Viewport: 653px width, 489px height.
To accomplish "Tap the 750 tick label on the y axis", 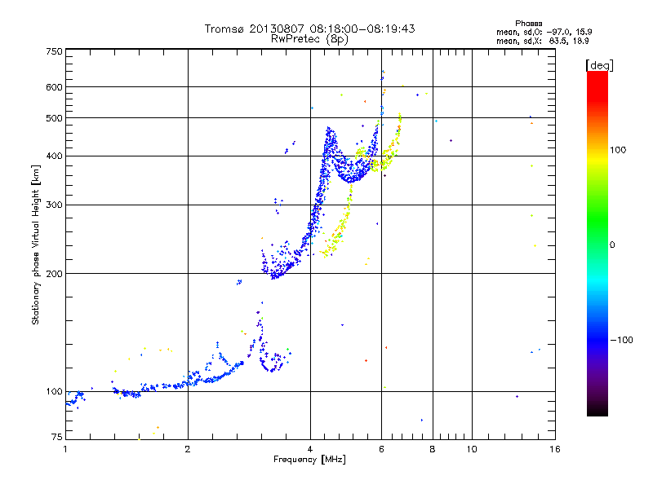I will tap(54, 51).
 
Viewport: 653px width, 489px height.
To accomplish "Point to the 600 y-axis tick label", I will tap(54, 87).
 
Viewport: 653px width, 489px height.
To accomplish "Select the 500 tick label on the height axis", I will tap(54, 118).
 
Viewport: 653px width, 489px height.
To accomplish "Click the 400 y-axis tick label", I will tap(54, 156).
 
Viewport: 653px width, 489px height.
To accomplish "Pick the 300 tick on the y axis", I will tap(54, 205).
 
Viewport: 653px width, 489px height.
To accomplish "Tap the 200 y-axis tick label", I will tap(54, 274).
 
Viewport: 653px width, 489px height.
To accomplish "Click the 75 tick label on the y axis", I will tap(56, 439).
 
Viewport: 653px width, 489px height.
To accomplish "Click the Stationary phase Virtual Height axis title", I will tap(35, 244).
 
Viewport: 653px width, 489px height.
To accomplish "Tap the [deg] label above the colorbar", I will tap(598, 64).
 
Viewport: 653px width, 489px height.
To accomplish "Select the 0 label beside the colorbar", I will tap(613, 244).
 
